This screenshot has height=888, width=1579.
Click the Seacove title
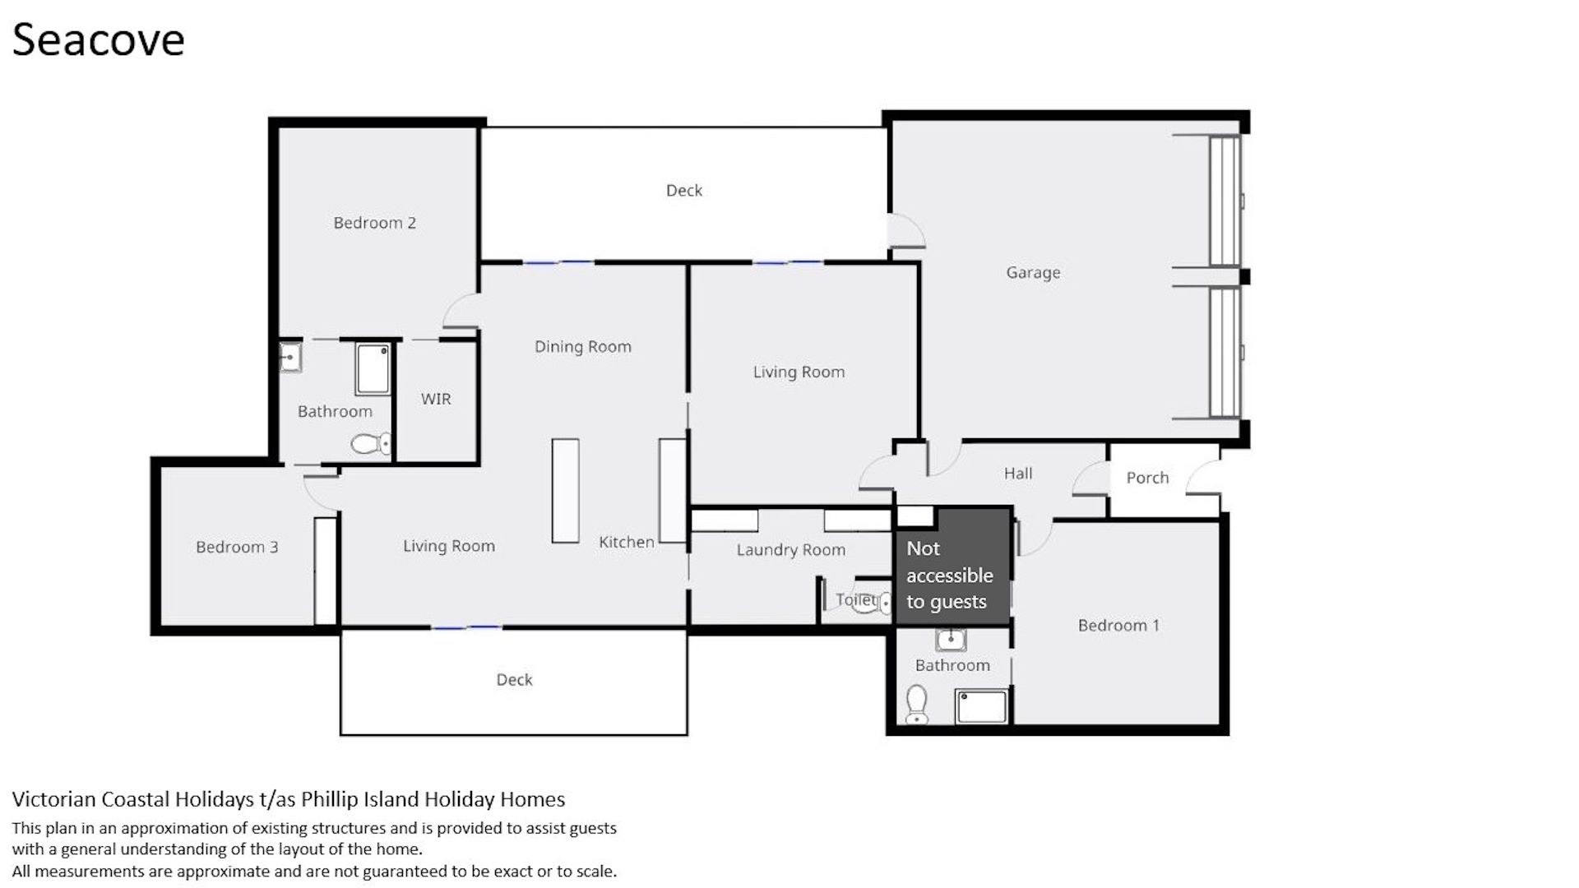pyautogui.click(x=98, y=39)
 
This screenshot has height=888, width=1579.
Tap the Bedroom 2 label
pyautogui.click(x=374, y=223)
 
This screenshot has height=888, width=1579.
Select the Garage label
pyautogui.click(x=1033, y=273)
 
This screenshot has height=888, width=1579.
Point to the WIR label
pyautogui.click(x=436, y=399)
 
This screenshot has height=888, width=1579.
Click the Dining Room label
pyautogui.click(x=583, y=347)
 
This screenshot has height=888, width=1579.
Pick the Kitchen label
pyautogui.click(x=627, y=542)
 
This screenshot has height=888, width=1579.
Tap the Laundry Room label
pyautogui.click(x=791, y=550)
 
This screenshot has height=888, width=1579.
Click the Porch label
pyautogui.click(x=1147, y=478)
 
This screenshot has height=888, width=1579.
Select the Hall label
pyautogui.click(x=1018, y=474)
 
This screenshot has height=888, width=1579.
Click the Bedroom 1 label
pyautogui.click(x=1118, y=626)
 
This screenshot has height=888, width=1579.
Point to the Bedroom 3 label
pyautogui.click(x=237, y=548)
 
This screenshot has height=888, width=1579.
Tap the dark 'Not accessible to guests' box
pyautogui.click(x=953, y=567)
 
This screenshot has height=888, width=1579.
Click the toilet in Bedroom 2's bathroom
pyautogui.click(x=372, y=445)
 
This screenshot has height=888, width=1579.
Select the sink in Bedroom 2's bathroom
pyautogui.click(x=290, y=357)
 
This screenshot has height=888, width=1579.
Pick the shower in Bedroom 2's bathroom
pyautogui.click(x=373, y=369)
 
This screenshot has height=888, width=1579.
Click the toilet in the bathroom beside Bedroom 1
pyautogui.click(x=916, y=705)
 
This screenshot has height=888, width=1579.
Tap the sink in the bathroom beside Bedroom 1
pyautogui.click(x=952, y=639)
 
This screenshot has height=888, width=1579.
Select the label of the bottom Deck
pyautogui.click(x=514, y=680)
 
